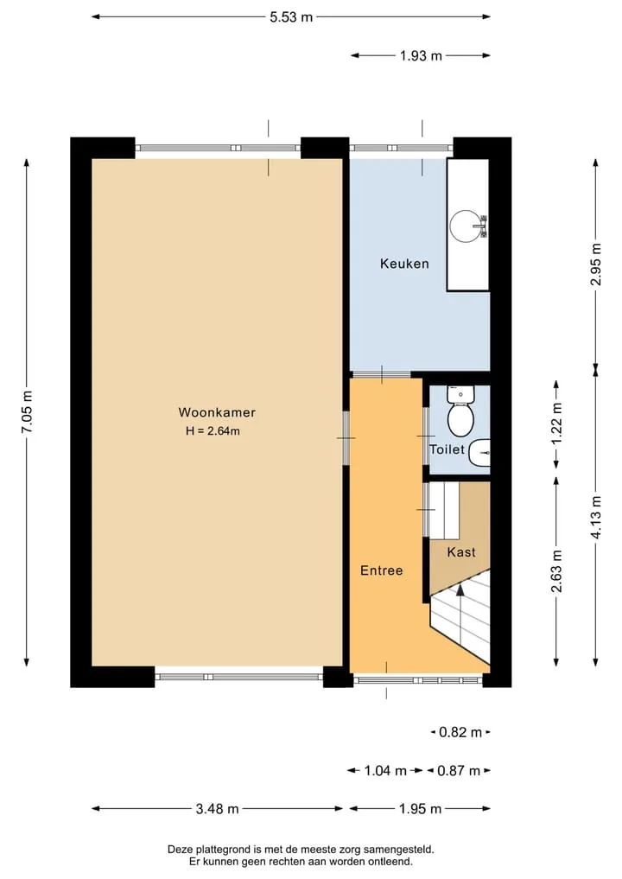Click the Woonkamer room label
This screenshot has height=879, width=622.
[x=217, y=412]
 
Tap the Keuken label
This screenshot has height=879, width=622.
[x=404, y=264]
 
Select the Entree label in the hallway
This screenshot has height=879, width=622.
[x=382, y=570]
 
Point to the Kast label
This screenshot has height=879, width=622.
[x=461, y=552]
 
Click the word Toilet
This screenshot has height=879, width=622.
[x=447, y=449]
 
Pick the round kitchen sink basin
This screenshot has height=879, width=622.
[x=466, y=226]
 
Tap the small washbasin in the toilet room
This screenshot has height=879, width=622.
[x=479, y=453]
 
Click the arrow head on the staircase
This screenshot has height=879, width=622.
[x=460, y=589]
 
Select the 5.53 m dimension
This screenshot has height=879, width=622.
[x=291, y=16]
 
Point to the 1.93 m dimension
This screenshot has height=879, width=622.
[x=421, y=55]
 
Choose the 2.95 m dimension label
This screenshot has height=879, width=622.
[x=596, y=264]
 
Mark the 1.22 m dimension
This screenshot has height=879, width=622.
[x=556, y=424]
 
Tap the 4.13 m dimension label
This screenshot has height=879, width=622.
[x=596, y=518]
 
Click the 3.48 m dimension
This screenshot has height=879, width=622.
[x=218, y=808]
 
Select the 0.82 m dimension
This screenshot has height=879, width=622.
[x=460, y=732]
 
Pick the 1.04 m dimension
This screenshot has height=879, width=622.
[x=385, y=771]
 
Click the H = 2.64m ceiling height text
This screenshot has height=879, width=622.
[x=213, y=431]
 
